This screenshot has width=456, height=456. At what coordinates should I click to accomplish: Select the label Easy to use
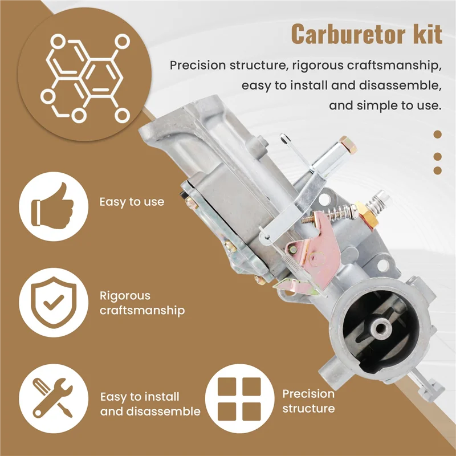132,202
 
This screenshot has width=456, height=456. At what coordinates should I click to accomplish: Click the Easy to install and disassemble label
150,404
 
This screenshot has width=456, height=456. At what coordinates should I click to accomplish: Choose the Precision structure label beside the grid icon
308,401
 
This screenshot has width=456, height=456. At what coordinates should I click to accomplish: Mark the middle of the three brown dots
438,156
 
